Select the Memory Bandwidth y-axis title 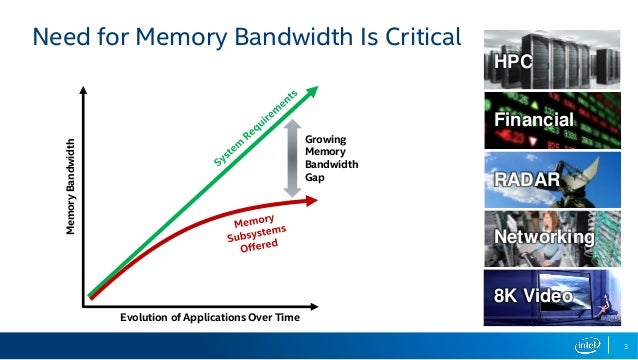coord(71,186)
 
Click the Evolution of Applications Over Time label coord(209,318)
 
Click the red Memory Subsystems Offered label coord(260,235)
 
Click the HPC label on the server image coord(512,63)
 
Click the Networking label coord(544,237)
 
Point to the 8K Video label coord(532,295)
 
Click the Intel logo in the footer coord(587,344)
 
